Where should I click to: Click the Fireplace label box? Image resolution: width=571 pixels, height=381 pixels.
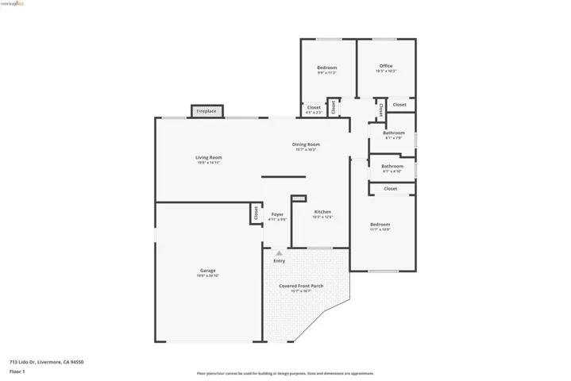206,111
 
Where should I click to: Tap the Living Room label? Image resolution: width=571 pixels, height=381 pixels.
209,158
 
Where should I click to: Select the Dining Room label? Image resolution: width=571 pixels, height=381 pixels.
307,144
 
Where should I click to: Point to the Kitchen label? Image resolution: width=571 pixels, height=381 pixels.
322,212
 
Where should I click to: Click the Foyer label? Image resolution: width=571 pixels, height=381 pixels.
277,214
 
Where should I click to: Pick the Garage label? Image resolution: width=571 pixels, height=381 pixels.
207,271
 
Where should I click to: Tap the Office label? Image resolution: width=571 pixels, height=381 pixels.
386,66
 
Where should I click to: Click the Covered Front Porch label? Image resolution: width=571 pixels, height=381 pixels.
301,286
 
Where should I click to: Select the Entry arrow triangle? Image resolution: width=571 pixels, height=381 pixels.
279,253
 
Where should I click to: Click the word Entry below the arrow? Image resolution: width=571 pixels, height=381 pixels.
279,261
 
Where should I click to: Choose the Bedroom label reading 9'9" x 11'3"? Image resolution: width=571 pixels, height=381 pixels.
327,67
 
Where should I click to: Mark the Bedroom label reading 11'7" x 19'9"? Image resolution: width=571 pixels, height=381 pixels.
380,225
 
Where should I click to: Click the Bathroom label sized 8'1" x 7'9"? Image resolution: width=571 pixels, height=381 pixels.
394,133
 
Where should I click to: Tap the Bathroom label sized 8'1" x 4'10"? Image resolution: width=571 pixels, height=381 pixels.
392,166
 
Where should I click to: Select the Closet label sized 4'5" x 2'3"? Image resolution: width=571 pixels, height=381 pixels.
314,107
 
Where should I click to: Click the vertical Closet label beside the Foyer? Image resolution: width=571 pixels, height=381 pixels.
256,213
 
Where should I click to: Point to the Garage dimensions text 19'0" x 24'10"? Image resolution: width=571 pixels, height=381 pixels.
207,275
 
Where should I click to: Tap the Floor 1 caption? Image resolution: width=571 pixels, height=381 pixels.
17,371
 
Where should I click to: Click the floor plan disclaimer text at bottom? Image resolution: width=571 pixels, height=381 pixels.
285,373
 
